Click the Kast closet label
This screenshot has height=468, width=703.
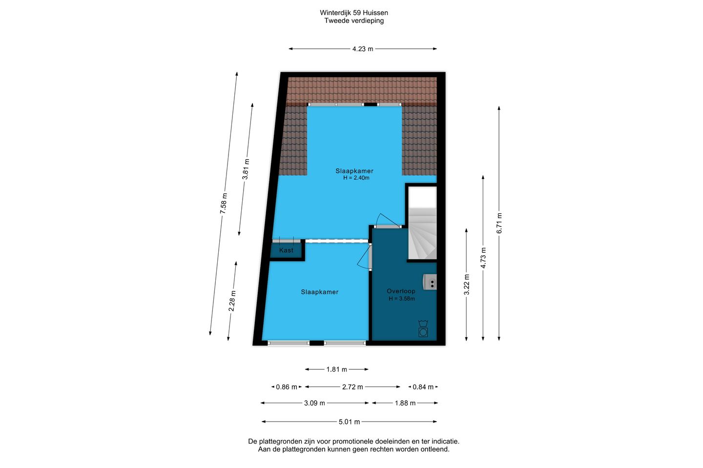[286, 250]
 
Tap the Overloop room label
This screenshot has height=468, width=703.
[401, 291]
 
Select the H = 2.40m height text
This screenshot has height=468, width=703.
[356, 178]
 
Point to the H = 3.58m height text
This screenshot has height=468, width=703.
[402, 299]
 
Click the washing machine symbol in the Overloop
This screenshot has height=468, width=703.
[423, 329]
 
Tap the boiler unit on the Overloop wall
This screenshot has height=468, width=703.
[430, 282]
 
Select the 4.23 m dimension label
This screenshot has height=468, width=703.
[363, 49]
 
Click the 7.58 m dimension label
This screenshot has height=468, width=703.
[224, 203]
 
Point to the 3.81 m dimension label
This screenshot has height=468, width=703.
[246, 169]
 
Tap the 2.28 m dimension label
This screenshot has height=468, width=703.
[232, 301]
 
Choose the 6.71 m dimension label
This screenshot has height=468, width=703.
[499, 223]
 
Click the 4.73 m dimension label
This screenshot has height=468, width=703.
[483, 258]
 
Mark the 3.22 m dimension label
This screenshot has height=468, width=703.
[467, 285]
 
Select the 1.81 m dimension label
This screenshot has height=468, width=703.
[337, 369]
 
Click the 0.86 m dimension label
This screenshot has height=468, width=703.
[287, 387]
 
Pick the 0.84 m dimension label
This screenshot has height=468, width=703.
[423, 387]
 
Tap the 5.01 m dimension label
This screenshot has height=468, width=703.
[350, 422]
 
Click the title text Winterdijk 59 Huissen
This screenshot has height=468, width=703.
[354, 13]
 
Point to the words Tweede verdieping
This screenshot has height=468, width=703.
[354, 20]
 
